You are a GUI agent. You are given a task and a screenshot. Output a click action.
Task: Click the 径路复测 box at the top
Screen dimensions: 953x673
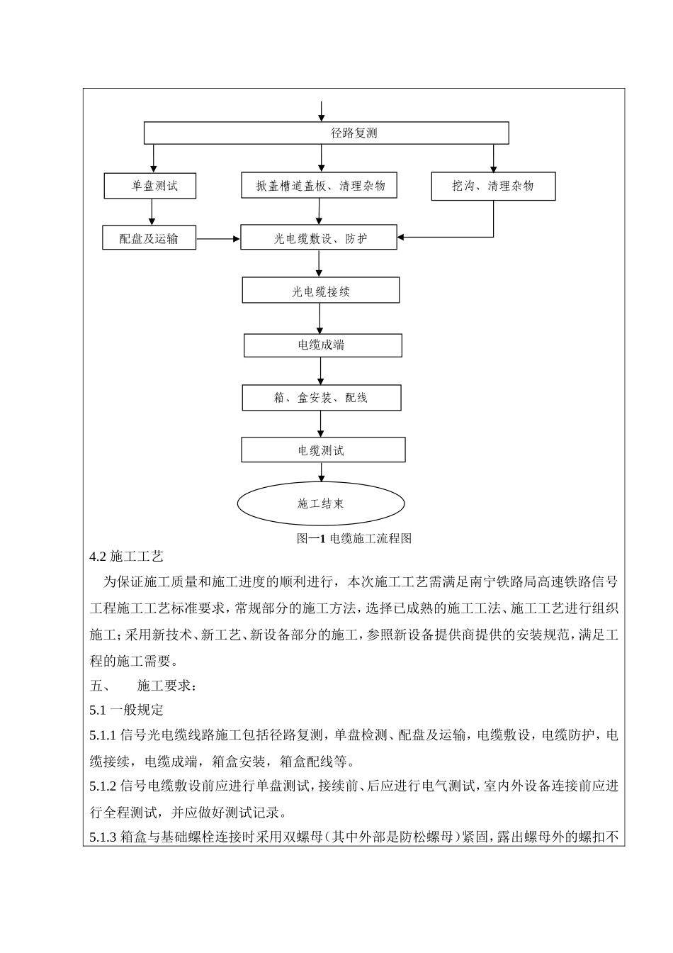pyautogui.click(x=326, y=133)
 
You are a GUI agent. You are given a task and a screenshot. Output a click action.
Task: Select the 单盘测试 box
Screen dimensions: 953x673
pyautogui.click(x=149, y=186)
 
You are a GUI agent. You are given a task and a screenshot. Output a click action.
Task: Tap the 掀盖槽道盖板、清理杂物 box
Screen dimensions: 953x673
pyautogui.click(x=318, y=186)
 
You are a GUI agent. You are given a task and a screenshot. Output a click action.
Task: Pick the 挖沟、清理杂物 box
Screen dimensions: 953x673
pyautogui.click(x=493, y=186)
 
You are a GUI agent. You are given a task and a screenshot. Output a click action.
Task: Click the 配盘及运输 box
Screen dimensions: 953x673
pyautogui.click(x=149, y=238)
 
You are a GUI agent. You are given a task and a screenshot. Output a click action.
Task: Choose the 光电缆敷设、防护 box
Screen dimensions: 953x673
pyautogui.click(x=319, y=238)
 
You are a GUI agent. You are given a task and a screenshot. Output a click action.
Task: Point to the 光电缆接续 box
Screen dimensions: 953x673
pyautogui.click(x=321, y=291)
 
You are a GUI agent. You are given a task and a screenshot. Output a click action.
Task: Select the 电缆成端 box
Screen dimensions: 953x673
pyautogui.click(x=322, y=345)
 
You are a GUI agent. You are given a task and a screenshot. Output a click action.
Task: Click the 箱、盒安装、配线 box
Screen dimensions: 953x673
pyautogui.click(x=322, y=398)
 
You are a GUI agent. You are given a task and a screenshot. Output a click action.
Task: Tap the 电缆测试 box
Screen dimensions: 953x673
pyautogui.click(x=323, y=450)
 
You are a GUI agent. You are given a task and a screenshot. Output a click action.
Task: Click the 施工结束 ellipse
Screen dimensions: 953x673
pyautogui.click(x=320, y=503)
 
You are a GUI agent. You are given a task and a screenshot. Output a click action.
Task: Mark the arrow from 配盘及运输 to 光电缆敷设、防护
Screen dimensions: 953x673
pyautogui.click(x=218, y=239)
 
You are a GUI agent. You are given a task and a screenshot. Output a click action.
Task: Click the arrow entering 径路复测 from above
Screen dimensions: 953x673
pyautogui.click(x=322, y=111)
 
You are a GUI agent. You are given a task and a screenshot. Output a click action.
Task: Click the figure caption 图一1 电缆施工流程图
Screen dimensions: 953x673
pyautogui.click(x=354, y=538)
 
